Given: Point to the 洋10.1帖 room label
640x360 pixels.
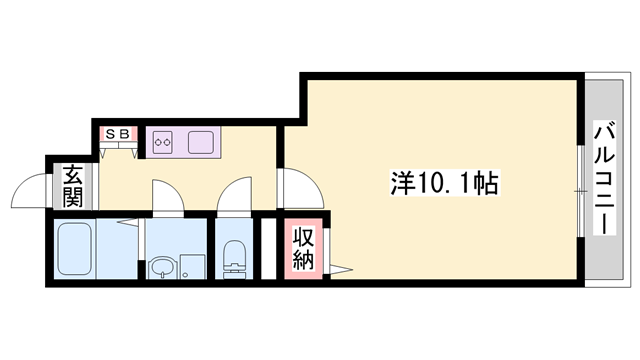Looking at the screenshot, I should (445, 183).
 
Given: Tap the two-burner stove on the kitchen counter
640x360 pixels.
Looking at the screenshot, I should (163, 142).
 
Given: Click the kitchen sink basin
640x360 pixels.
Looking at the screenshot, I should (200, 141).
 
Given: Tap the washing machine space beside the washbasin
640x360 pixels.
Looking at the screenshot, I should (192, 266).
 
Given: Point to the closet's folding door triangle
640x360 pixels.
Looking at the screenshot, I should (341, 267).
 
